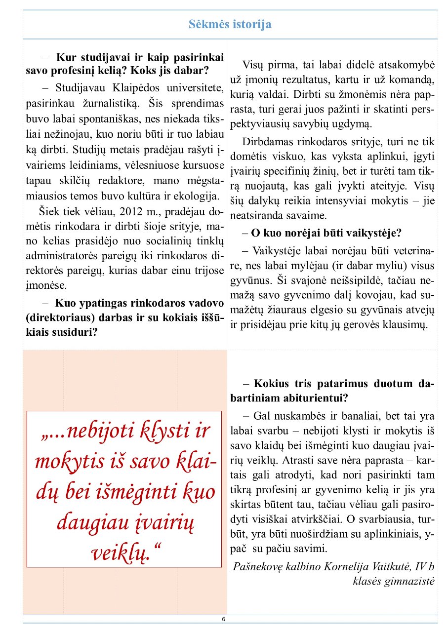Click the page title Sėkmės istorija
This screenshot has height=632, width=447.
[230, 24]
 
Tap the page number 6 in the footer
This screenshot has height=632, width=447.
[223, 619]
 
